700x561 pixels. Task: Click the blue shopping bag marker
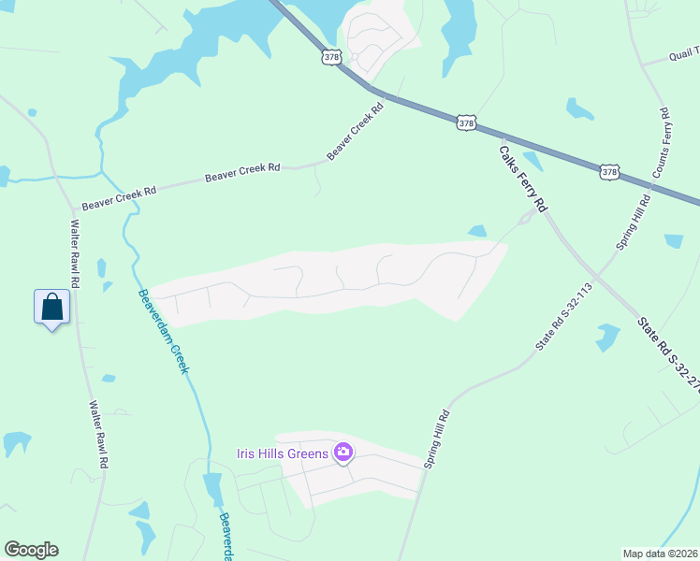(52, 307)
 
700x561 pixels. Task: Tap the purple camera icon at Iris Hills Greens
(343, 453)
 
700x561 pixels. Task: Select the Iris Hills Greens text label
(282, 454)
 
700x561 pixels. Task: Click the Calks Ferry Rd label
(521, 178)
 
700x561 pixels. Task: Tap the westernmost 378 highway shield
(331, 57)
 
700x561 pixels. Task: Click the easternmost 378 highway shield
(609, 172)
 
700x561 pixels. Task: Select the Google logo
(31, 550)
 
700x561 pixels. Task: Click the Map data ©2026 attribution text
(660, 554)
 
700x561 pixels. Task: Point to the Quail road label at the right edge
(682, 55)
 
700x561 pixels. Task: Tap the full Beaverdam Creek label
(164, 331)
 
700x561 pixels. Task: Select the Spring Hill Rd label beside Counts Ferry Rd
(633, 223)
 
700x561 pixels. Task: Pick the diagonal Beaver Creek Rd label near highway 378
(356, 131)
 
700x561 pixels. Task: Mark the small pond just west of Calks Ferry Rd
(476, 231)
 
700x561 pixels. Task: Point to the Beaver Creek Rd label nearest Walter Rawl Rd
(119, 198)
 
